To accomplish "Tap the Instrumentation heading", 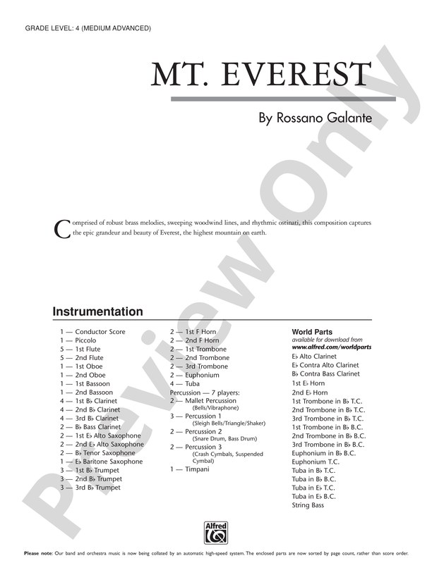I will tap(97, 311).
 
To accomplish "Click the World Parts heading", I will tap(312, 332).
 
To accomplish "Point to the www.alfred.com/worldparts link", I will tap(332, 347).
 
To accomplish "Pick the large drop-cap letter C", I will tap(61, 229).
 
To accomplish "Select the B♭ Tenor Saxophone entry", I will tap(105, 453).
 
